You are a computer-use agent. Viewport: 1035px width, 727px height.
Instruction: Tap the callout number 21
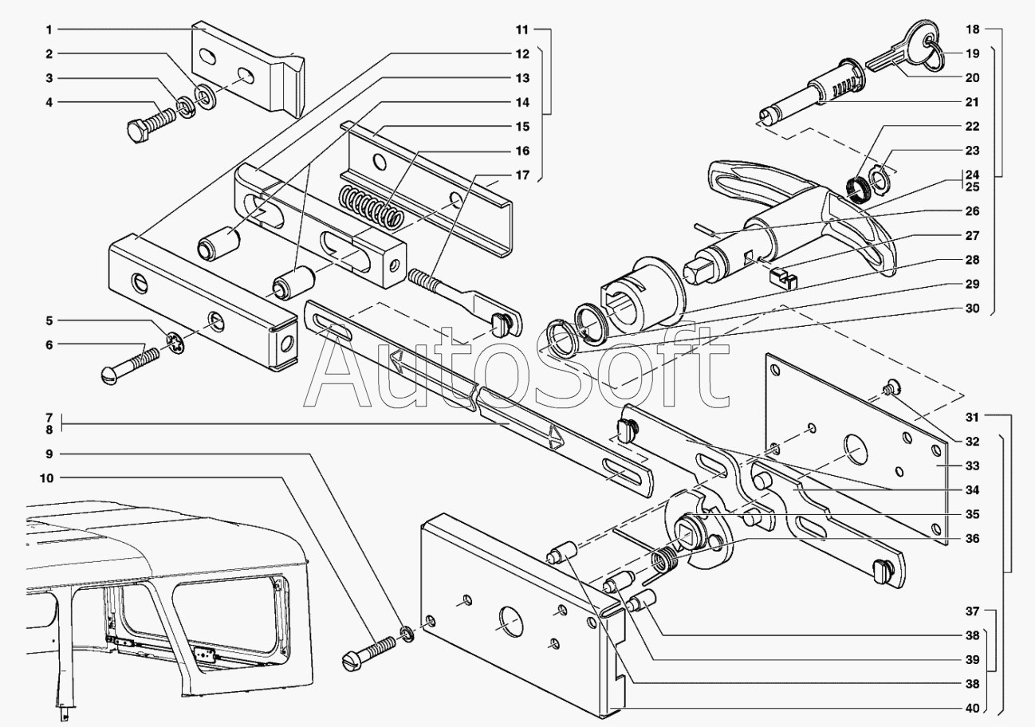tap(972, 102)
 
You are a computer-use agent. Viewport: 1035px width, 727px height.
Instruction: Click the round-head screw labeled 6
tap(130, 366)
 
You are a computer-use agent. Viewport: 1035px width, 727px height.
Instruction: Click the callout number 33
tap(972, 466)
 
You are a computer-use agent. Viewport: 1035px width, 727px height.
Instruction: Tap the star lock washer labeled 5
tap(176, 344)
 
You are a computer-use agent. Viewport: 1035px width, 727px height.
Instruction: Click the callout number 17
tap(522, 175)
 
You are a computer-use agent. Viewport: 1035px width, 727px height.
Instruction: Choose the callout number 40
tap(972, 708)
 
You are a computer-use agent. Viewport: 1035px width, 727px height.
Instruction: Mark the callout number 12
tap(522, 53)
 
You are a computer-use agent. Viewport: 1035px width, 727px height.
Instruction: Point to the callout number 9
tap(49, 454)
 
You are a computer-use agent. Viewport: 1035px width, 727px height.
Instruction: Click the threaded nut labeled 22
tap(859, 190)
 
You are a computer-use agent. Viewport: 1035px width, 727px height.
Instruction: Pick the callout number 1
tap(49, 29)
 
